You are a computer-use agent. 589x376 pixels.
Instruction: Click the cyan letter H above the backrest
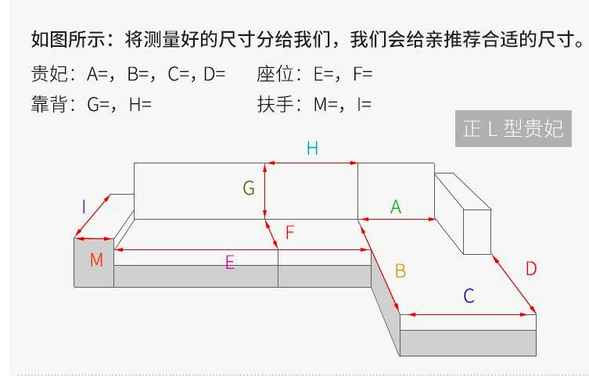[312, 149]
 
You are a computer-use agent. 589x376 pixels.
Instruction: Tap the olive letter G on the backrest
[249, 188]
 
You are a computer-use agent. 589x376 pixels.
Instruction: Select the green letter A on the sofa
[396, 207]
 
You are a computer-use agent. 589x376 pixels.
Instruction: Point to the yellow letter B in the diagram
[400, 271]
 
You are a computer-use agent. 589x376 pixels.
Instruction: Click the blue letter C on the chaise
[469, 295]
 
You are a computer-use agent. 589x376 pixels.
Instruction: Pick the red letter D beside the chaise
[531, 269]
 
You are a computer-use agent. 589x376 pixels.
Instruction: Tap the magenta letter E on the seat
[230, 263]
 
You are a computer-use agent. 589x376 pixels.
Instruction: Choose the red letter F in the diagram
[289, 232]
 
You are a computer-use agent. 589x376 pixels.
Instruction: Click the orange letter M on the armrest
[96, 260]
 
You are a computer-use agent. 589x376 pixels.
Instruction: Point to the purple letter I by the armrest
[84, 206]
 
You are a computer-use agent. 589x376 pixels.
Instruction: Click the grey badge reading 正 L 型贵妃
[513, 129]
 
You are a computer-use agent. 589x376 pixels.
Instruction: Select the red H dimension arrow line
[312, 163]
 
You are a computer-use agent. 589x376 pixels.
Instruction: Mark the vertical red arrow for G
[265, 191]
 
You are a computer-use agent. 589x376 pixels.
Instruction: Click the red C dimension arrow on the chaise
[468, 314]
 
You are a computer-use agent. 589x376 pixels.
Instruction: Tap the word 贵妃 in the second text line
[49, 73]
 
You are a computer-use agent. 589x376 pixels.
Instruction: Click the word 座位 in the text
[275, 73]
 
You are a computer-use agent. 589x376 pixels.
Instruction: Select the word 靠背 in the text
[49, 104]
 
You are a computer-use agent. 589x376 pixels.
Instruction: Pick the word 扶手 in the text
[275, 104]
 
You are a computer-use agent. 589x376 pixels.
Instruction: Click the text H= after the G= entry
[140, 104]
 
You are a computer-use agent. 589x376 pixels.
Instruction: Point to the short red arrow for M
[94, 238]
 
